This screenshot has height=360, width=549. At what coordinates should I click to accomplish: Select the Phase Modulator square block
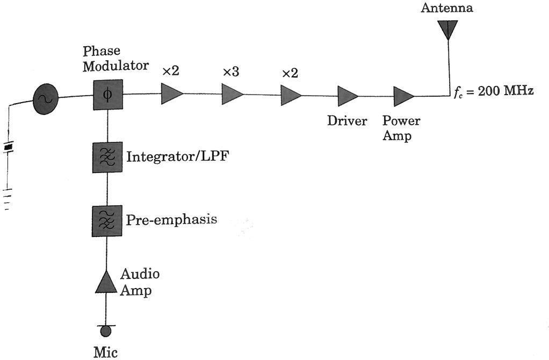coord(108,95)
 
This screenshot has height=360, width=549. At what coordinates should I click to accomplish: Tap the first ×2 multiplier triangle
coord(171,94)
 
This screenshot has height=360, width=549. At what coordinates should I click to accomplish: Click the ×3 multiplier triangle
coord(232,94)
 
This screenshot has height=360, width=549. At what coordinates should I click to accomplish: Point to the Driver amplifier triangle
coord(347,96)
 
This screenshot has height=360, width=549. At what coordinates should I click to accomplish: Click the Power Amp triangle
coord(403,97)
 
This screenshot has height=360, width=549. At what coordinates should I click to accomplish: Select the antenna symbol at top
coord(447,30)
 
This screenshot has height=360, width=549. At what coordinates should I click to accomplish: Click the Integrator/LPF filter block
coord(108,157)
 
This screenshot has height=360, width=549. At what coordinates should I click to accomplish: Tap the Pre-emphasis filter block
coord(108,220)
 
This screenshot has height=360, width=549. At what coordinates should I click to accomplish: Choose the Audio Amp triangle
coord(106,283)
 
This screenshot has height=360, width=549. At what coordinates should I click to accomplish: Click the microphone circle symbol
coord(106,331)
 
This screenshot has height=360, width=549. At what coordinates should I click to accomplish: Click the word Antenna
coord(446,8)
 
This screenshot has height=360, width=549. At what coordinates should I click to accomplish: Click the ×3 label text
coord(230,72)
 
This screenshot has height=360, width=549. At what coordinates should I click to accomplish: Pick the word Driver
coord(347,121)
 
